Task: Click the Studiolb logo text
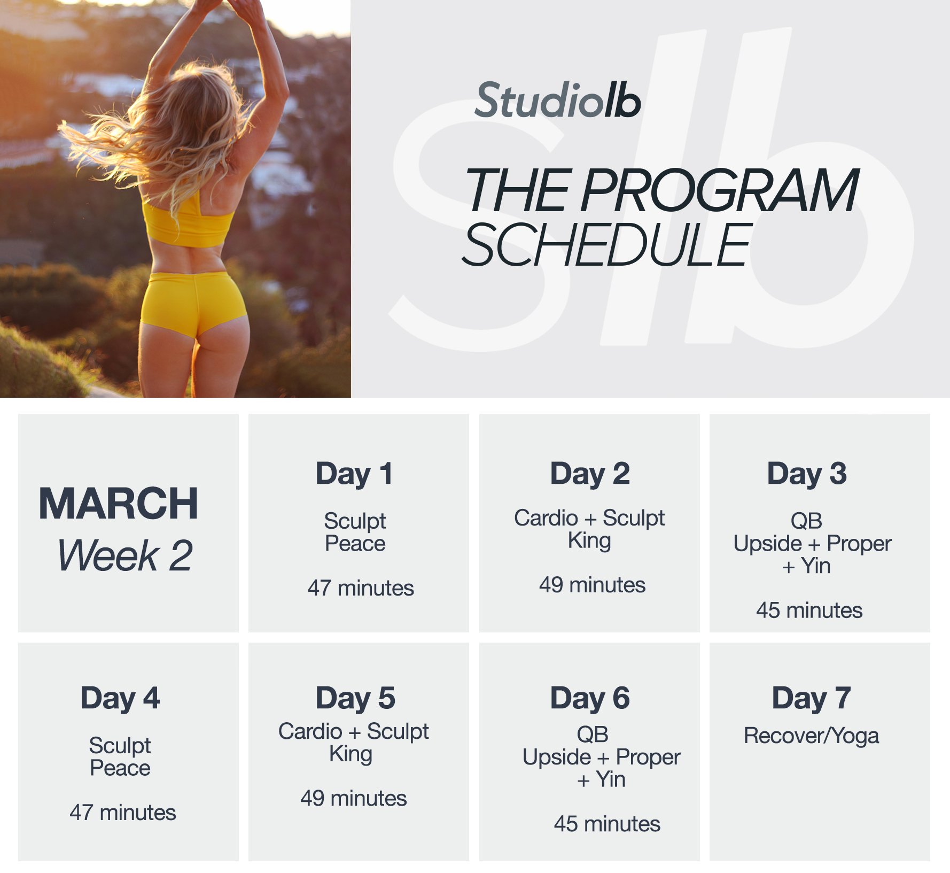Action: pos(557,101)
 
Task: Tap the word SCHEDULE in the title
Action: pos(606,245)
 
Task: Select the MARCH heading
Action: pos(119,504)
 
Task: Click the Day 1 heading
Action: pos(354,474)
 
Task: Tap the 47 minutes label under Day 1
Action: pos(361,588)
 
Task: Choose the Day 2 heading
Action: pos(590,474)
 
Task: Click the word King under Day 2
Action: pos(589,541)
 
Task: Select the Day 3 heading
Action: pos(807,474)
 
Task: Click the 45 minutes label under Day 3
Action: pos(809,611)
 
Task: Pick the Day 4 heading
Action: pos(120,698)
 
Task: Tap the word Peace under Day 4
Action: pos(120,768)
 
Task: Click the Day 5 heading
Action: pos(355,698)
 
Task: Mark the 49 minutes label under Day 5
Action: pos(354,799)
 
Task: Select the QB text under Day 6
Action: pos(592,735)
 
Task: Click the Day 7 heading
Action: pos(811,698)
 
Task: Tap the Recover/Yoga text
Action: pos(811,736)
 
